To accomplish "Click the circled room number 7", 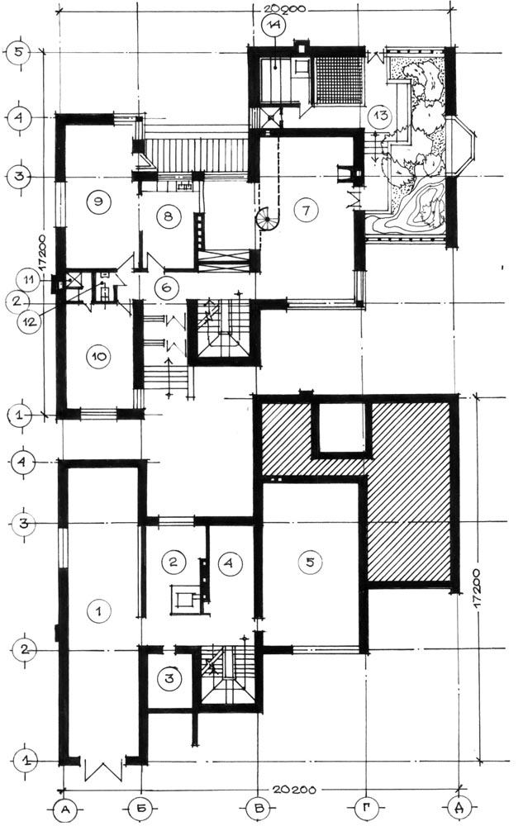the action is coord(307,210).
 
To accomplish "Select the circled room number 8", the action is coord(168,216).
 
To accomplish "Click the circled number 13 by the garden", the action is coord(380,116).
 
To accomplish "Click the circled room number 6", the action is coord(167,287).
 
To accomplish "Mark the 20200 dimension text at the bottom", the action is coord(294,790).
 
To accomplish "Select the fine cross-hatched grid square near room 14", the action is coord(340,80).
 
